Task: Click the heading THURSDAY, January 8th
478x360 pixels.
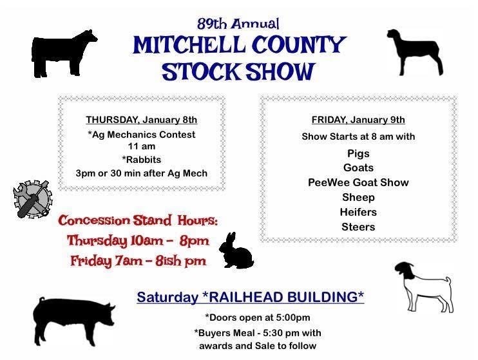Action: [x=142, y=120]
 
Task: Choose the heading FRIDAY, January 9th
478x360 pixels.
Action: [x=358, y=120]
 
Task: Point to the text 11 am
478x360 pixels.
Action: [x=142, y=147]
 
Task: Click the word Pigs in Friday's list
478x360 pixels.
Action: [x=358, y=154]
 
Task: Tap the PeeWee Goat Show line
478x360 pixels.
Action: [x=358, y=182]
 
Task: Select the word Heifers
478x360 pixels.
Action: [x=358, y=212]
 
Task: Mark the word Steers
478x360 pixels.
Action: [x=358, y=227]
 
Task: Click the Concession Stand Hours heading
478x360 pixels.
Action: [x=139, y=221]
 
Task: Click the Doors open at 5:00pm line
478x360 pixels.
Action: [x=257, y=317]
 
